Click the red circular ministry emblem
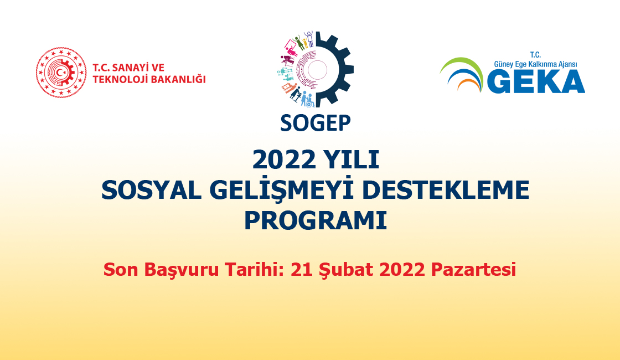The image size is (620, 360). point(61,73)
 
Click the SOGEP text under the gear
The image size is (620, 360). point(315,123)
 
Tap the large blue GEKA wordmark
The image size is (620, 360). point(536,82)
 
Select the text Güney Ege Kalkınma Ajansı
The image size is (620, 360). point(535,64)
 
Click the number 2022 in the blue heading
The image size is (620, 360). point(284,160)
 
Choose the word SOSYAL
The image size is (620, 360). point(152,191)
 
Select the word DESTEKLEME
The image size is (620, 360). point(445,191)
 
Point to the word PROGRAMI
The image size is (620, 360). point(315,221)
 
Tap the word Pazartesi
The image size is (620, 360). point(473,270)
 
